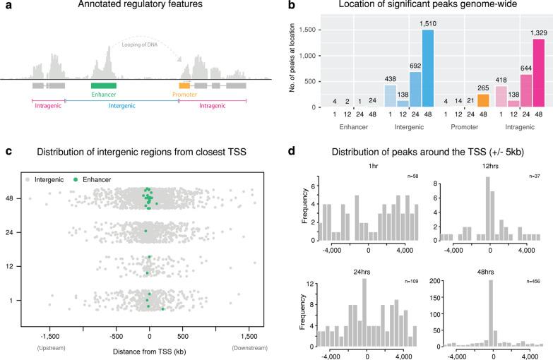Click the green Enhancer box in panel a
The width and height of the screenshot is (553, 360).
(x=104, y=85)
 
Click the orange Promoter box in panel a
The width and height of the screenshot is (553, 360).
(x=184, y=85)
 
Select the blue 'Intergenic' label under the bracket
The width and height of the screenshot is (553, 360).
(x=119, y=110)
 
